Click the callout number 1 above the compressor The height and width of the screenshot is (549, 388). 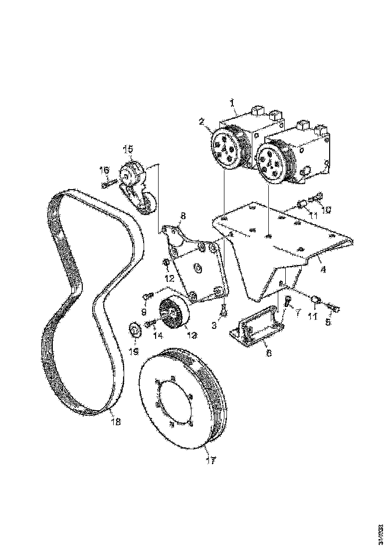tap(232, 103)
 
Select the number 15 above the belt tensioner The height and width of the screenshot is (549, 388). tap(128, 148)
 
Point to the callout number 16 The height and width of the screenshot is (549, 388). tap(104, 170)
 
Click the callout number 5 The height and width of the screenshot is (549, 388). tap(328, 323)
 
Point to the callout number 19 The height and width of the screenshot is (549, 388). tap(133, 351)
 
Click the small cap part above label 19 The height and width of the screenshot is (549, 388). tap(134, 330)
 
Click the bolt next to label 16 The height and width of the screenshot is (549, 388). tap(110, 184)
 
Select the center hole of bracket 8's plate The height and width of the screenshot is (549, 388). tap(198, 269)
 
